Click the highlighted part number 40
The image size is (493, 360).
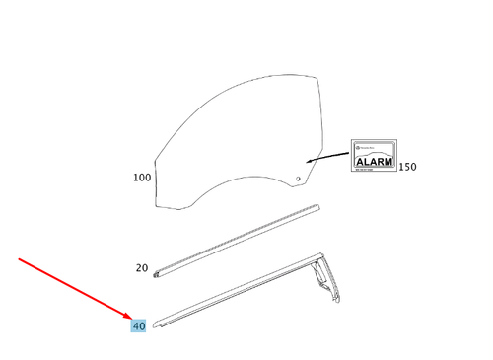[x=139, y=324]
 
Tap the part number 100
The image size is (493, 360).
[x=143, y=179]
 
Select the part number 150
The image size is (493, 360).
[x=406, y=167]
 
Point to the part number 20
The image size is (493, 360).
[x=141, y=267]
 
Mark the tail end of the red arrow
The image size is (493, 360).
[x=20, y=259]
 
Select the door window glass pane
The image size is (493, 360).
[x=237, y=138]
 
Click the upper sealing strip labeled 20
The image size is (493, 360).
[x=237, y=237]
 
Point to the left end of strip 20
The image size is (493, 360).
[x=160, y=266]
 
